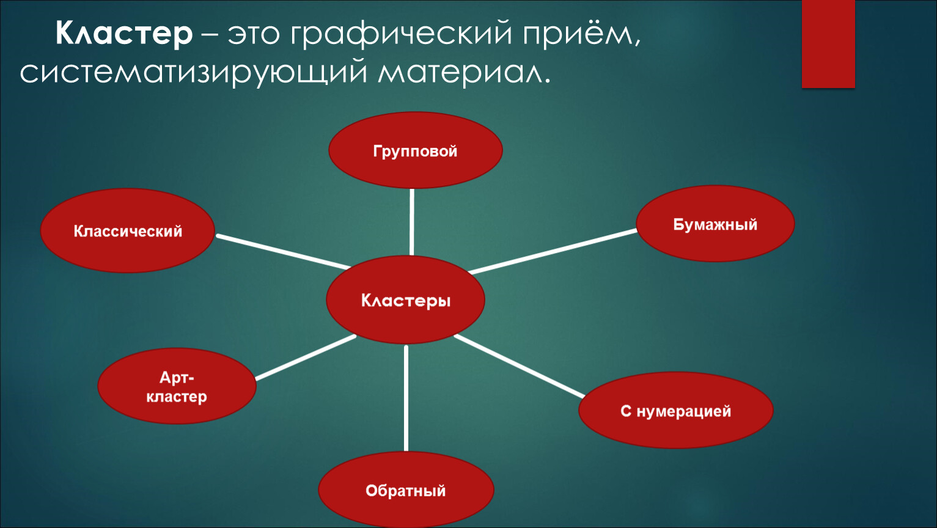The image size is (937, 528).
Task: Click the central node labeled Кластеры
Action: (x=405, y=299)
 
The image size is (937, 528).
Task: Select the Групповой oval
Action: (x=416, y=150)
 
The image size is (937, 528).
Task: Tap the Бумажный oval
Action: (x=715, y=224)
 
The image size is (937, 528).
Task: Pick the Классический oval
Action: (x=128, y=230)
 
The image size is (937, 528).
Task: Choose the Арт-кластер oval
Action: (x=177, y=386)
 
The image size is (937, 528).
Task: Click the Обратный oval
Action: (x=406, y=490)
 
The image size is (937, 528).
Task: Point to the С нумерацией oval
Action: (x=676, y=410)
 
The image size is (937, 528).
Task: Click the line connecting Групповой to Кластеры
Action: (x=411, y=222)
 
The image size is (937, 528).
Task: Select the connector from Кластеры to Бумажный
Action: (x=553, y=251)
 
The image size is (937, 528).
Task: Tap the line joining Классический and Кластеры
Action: (x=283, y=251)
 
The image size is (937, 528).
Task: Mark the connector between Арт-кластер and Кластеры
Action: (x=306, y=358)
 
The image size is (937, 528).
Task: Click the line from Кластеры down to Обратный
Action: (x=406, y=398)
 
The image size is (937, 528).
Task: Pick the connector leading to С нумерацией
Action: (x=519, y=366)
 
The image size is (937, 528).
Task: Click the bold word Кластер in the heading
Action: (x=124, y=34)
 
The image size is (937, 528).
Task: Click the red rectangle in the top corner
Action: (x=828, y=44)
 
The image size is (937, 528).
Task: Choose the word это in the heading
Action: (x=254, y=35)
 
